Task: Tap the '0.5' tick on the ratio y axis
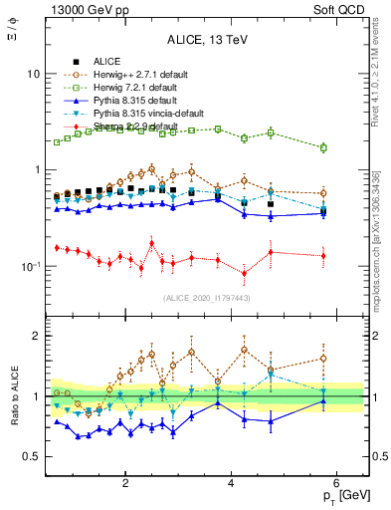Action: pyautogui.click(x=32, y=457)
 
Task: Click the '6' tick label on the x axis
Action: pyautogui.click(x=336, y=484)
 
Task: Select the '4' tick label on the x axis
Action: pyautogui.click(x=231, y=484)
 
